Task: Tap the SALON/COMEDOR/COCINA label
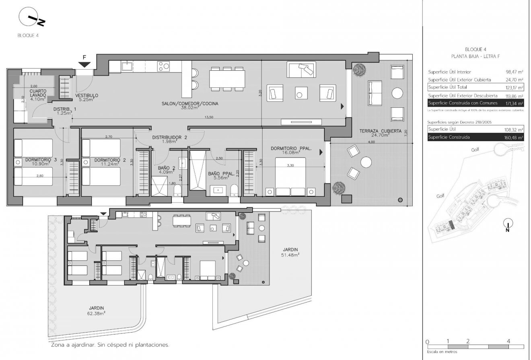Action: tap(190, 104)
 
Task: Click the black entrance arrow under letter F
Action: tap(84, 65)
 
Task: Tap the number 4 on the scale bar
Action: tap(509, 341)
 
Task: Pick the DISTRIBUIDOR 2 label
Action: tap(170, 137)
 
